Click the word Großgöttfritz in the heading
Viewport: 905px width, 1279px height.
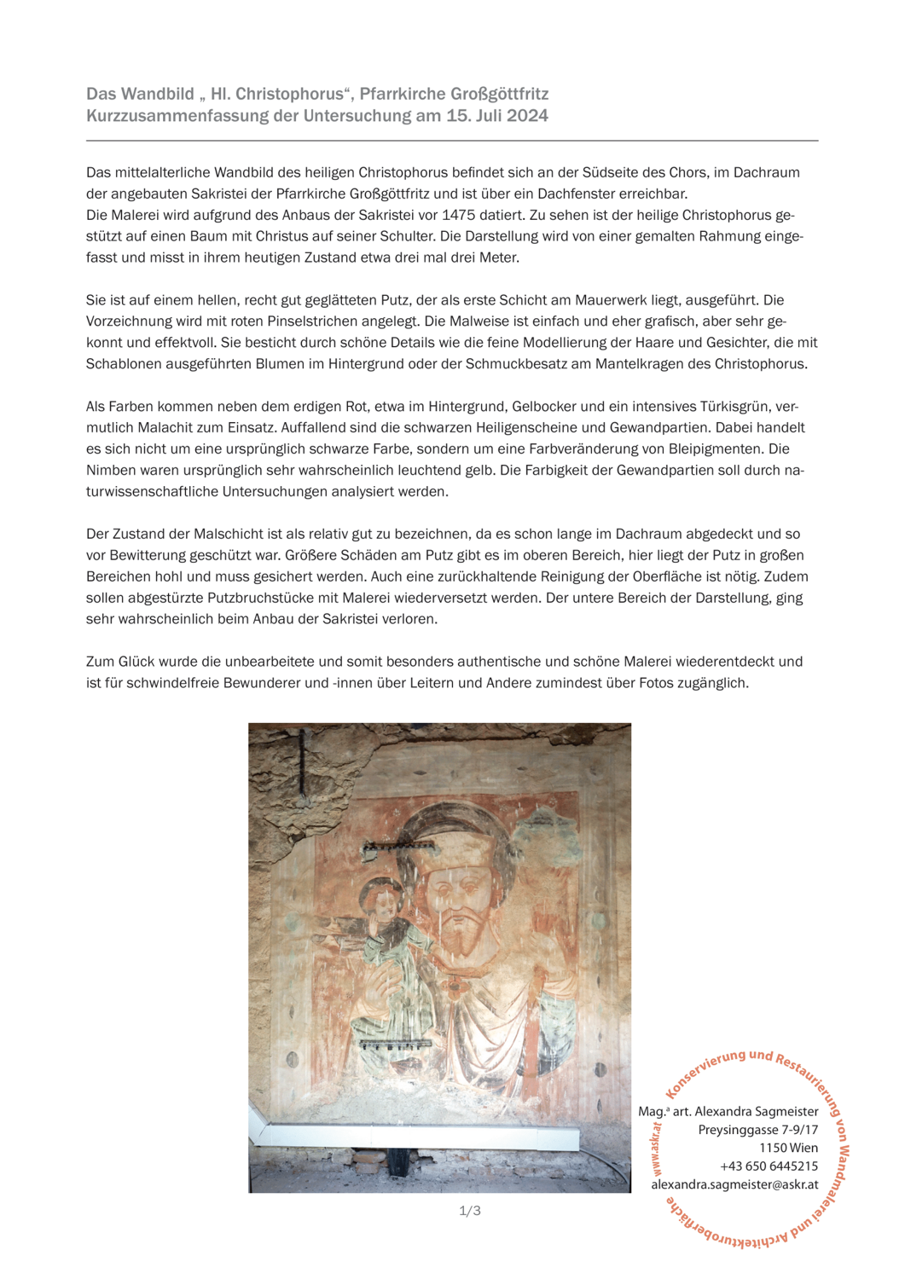tap(496, 94)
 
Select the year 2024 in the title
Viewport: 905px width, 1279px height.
tap(527, 116)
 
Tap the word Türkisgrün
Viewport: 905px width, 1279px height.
tap(728, 406)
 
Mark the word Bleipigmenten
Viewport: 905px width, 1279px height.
tap(722, 449)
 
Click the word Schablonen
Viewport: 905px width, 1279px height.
tap(119, 363)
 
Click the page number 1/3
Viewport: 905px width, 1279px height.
tap(470, 1211)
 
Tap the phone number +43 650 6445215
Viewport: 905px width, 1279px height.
tap(769, 1166)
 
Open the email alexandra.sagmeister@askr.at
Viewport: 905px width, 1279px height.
tap(734, 1184)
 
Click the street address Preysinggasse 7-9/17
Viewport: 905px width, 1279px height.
tap(757, 1129)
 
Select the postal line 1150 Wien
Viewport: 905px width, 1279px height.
tap(788, 1148)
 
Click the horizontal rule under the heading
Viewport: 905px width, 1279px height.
tap(452, 140)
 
